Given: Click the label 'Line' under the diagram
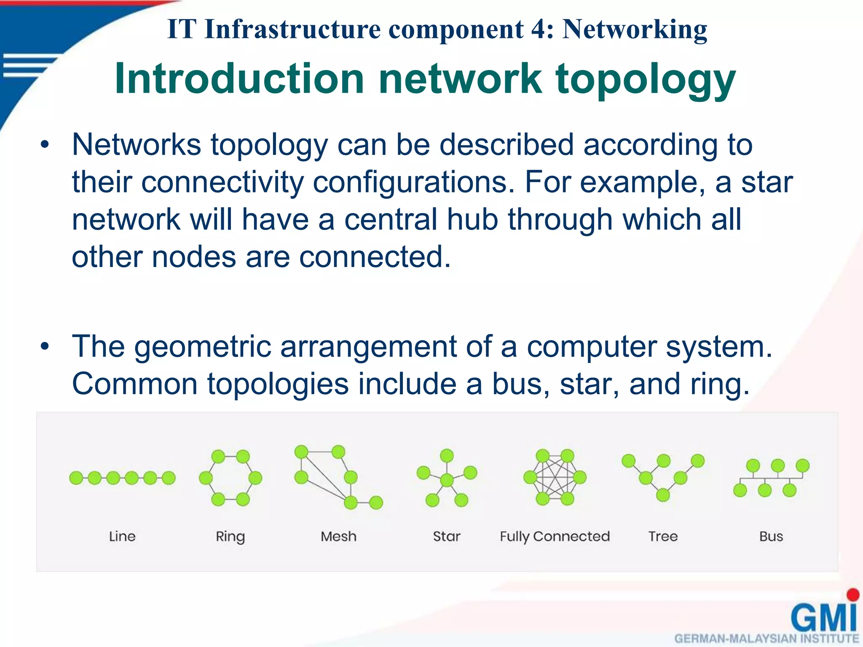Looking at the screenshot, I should click(x=122, y=536).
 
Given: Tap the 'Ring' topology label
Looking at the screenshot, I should click(x=230, y=537).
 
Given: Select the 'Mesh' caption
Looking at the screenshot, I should click(x=338, y=536).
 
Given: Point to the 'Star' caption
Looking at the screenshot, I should click(x=447, y=536).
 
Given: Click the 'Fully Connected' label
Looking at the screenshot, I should click(x=555, y=536).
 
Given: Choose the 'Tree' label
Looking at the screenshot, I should click(x=663, y=536).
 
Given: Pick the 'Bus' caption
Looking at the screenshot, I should click(x=771, y=536).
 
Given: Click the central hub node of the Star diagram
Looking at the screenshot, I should click(x=447, y=479).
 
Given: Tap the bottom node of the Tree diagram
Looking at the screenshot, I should click(x=663, y=495).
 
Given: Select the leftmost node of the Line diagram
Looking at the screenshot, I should click(x=76, y=478).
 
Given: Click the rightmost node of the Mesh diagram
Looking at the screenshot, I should click(x=376, y=503).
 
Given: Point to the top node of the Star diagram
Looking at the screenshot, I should click(x=447, y=455).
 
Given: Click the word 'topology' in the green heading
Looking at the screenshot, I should click(x=646, y=80).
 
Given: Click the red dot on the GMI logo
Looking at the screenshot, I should click(x=853, y=595).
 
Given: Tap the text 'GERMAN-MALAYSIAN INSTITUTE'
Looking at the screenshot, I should click(x=767, y=639).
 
